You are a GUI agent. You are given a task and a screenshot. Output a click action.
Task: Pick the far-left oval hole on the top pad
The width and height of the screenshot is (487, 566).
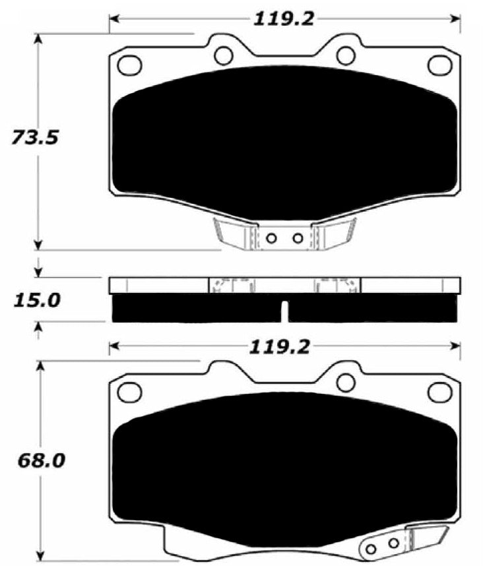[x=129, y=65]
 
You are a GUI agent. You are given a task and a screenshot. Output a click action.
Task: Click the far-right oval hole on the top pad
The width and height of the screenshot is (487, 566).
[x=439, y=64]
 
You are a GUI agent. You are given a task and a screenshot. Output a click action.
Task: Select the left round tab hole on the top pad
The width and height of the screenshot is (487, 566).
[x=224, y=53]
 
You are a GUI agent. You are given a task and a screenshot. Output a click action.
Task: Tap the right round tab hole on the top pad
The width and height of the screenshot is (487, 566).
[x=344, y=53]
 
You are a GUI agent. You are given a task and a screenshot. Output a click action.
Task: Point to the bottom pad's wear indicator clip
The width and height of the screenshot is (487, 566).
[x=396, y=542]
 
